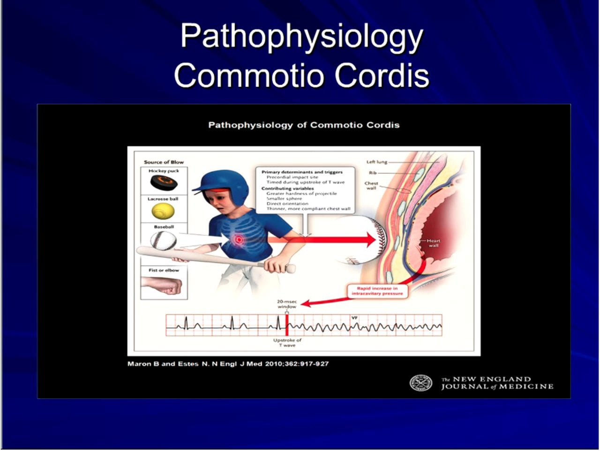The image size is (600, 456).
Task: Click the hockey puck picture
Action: (164, 182)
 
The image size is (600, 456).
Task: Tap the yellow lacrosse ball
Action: (163, 211)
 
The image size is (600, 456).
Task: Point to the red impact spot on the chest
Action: (239, 240)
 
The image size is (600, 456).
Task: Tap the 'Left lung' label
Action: (376, 162)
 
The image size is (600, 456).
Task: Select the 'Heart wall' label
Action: (433, 243)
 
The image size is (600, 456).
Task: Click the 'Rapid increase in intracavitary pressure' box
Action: (377, 291)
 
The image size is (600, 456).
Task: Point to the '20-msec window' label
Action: (287, 304)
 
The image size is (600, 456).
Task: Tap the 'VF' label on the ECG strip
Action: (354, 318)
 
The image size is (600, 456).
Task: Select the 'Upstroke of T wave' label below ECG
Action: (287, 342)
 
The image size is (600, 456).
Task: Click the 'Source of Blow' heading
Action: (164, 162)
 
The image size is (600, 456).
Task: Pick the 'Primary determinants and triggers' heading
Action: (302, 172)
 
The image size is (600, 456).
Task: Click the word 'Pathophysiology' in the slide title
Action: (301, 37)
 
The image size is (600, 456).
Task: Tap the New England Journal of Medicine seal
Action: (420, 383)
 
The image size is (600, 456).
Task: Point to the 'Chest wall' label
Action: (371, 185)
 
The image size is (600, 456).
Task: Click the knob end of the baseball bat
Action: (291, 269)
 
